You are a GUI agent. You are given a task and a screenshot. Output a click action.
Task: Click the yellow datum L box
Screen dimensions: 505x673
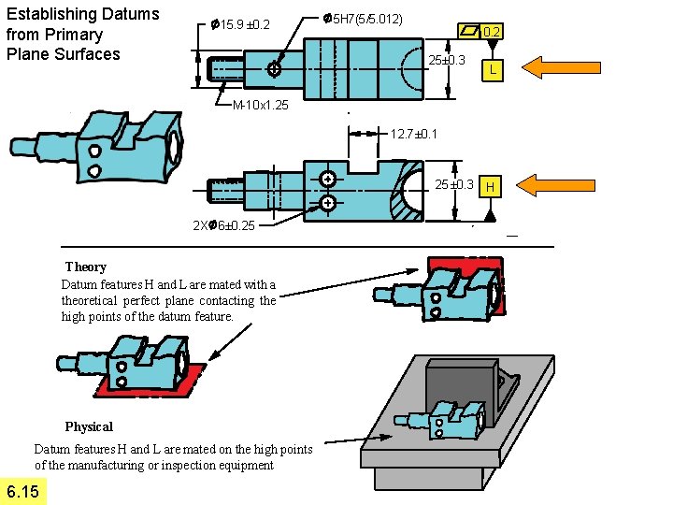(493, 71)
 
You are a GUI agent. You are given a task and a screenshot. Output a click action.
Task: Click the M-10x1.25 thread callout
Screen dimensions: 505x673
(260, 105)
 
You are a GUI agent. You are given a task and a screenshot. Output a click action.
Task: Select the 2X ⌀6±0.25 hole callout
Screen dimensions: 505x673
(222, 225)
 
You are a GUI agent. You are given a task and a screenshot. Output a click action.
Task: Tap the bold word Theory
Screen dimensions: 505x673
(86, 267)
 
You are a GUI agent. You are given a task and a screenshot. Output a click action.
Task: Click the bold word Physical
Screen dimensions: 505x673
(89, 426)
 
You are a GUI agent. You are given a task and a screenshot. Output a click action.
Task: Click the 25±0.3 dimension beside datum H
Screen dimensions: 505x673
(455, 183)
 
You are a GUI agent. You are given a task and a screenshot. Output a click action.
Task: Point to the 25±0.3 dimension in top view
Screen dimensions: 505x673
(447, 61)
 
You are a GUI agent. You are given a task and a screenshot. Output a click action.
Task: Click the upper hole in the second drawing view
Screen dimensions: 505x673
(328, 179)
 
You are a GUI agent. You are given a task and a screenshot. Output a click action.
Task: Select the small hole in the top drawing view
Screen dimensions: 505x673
(273, 70)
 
